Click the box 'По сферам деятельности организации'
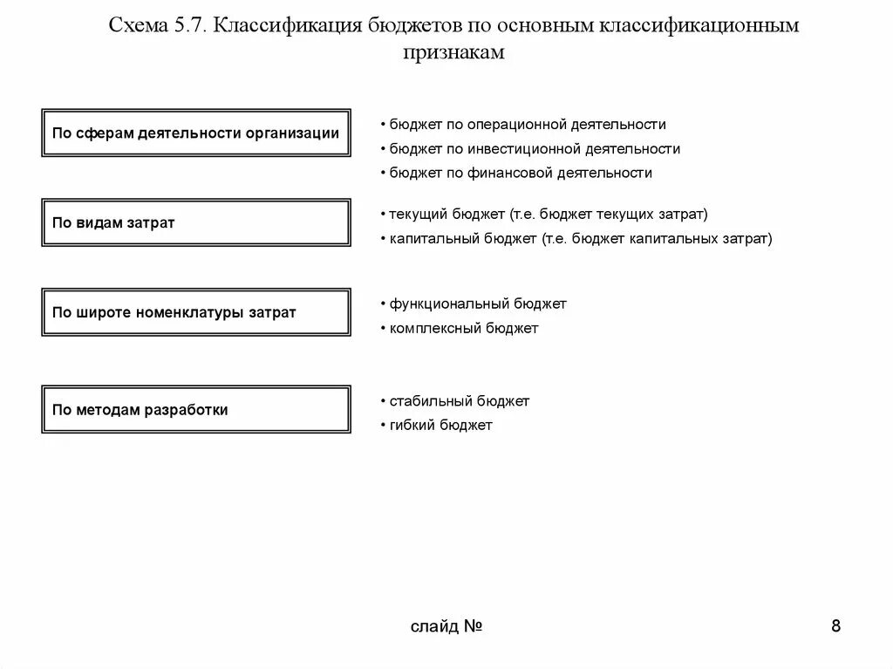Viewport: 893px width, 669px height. pos(196,133)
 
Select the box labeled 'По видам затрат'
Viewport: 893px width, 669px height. pos(196,222)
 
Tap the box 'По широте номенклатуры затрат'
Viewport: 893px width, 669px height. pos(196,312)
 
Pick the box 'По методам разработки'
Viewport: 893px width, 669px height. pos(196,409)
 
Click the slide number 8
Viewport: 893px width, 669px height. pos(835,626)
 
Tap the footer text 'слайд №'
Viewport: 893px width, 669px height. pos(446,627)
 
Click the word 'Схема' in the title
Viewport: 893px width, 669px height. pos(136,26)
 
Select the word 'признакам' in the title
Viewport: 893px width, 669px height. pos(453,52)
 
